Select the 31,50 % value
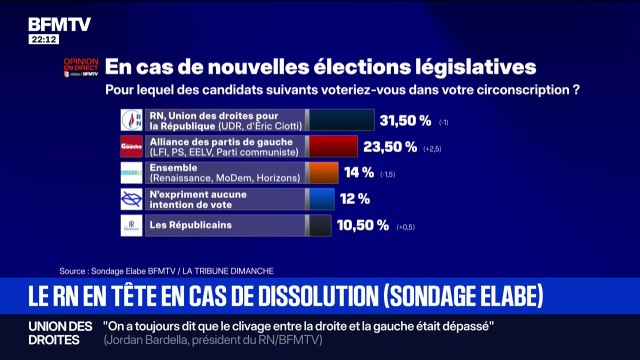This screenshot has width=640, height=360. click(x=409, y=121)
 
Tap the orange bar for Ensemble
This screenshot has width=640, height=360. click(x=322, y=173)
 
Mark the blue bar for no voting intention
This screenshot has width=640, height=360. click(x=320, y=199)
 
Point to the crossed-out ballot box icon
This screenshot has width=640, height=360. click(x=131, y=199)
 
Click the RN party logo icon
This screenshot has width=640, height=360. click(x=131, y=121)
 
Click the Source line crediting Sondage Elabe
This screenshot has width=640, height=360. click(x=166, y=271)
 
